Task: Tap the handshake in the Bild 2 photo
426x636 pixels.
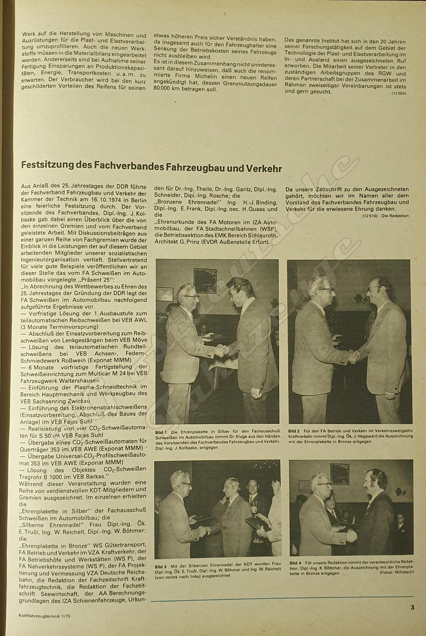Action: (x=354, y=356)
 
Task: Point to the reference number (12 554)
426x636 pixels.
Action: (x=399, y=94)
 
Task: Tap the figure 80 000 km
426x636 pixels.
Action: (x=167, y=89)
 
